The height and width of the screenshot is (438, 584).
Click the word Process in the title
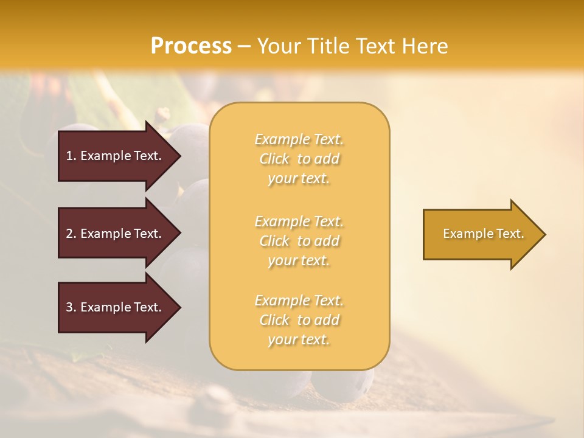point(191,46)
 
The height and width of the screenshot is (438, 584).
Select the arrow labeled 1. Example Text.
point(116,156)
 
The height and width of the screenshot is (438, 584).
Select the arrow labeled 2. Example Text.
point(116,234)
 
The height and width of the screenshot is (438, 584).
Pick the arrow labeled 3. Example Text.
point(116,307)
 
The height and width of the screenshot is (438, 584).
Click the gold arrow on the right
point(481,234)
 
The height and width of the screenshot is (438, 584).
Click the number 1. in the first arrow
point(71,156)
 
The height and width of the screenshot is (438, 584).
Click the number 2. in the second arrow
point(71,234)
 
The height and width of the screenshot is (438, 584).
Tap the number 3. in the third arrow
point(71,307)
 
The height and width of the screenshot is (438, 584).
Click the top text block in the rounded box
point(299,159)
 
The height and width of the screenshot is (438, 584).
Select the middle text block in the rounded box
point(299,241)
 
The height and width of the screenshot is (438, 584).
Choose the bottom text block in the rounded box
point(299,320)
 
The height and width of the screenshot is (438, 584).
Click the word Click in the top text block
point(274,159)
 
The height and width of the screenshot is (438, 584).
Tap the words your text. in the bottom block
point(299,340)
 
